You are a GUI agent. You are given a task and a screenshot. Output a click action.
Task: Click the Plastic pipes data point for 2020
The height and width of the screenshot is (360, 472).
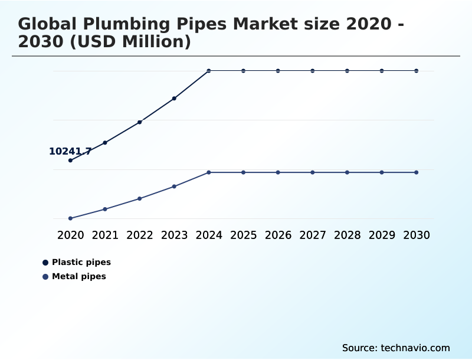click(x=70, y=161)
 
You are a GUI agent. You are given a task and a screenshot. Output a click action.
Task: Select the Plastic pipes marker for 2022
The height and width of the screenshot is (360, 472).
click(x=140, y=122)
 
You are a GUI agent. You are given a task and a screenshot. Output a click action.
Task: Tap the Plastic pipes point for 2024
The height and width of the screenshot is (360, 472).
click(x=209, y=71)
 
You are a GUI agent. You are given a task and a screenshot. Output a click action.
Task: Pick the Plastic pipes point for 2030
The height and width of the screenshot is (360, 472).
click(x=417, y=71)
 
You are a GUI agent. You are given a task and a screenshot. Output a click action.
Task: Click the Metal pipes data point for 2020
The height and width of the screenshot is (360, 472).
click(x=70, y=218)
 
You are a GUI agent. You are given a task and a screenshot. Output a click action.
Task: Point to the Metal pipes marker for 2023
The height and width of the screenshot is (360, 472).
click(x=174, y=186)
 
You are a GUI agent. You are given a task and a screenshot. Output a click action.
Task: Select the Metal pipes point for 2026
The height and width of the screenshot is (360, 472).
click(x=278, y=172)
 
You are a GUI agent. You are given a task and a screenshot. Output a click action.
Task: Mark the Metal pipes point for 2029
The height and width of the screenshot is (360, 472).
click(x=382, y=172)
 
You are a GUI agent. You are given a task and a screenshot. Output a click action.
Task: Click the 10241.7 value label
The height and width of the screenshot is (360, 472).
click(x=70, y=152)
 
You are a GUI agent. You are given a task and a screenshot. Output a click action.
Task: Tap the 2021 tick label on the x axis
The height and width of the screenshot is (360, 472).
click(x=105, y=235)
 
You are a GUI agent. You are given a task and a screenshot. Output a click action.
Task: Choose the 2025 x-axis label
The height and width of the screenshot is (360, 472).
click(x=243, y=235)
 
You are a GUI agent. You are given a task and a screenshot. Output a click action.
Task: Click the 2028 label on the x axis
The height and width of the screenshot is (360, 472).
click(x=347, y=235)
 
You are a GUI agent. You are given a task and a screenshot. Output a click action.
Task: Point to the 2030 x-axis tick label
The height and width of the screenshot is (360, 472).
click(x=417, y=235)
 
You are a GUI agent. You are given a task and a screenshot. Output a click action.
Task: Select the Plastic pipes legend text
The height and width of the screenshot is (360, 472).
click(x=81, y=262)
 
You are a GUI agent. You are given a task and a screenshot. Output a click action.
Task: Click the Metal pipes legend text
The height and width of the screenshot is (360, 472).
click(x=79, y=276)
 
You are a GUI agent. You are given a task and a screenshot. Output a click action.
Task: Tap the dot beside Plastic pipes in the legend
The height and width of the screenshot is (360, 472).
click(x=45, y=263)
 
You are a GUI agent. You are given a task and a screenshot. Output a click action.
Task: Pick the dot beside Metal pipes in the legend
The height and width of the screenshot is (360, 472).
click(x=45, y=277)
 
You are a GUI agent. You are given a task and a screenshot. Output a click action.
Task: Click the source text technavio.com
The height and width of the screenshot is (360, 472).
click(x=415, y=348)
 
